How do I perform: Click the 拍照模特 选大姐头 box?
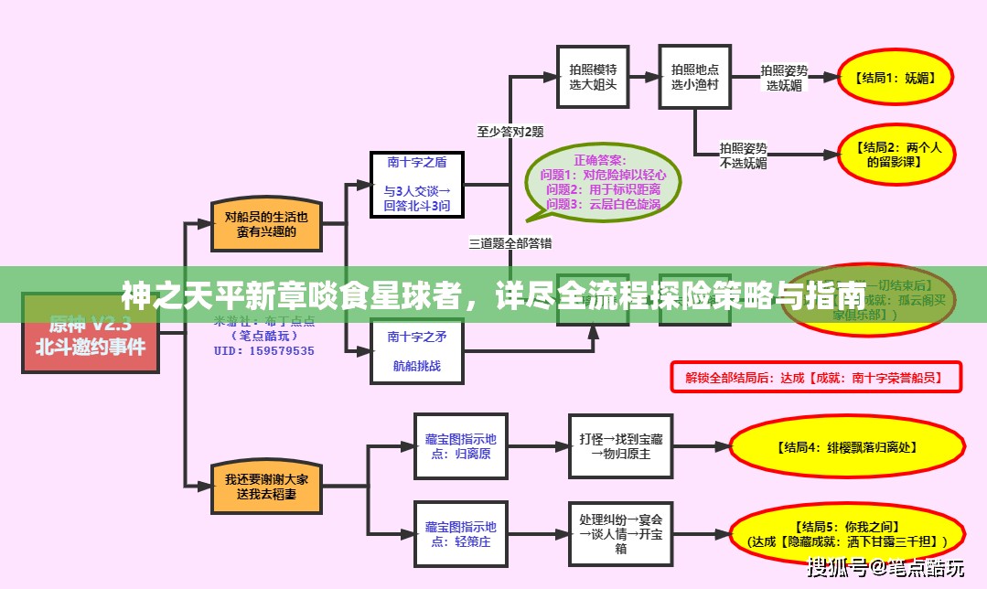[593, 77]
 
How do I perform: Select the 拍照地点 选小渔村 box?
[695, 77]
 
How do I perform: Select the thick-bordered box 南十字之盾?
[416, 185]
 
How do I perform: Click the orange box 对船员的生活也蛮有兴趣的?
[267, 224]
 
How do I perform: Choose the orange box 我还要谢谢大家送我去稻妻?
[267, 486]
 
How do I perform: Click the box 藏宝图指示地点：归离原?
[460, 446]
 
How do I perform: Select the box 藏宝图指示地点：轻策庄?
[460, 533]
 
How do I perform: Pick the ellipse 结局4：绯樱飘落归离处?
[847, 447]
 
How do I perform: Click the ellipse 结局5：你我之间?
[847, 534]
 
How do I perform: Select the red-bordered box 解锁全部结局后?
[817, 376]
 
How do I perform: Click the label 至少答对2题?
[510, 132]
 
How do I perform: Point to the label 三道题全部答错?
[510, 243]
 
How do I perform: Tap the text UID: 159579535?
[264, 351]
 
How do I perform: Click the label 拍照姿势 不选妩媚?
[743, 155]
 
